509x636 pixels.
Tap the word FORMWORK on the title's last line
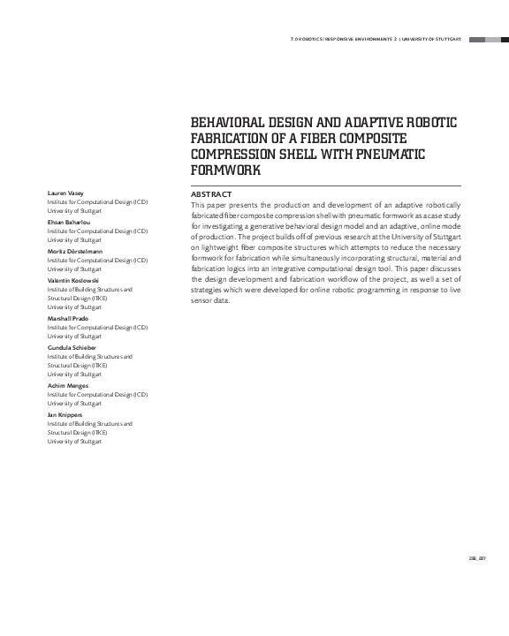coord(226,170)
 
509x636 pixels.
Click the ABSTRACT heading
coord(211,194)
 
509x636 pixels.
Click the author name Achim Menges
coord(66,386)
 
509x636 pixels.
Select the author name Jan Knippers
coord(65,414)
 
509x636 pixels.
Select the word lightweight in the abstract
coord(218,250)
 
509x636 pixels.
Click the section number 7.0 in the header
coord(294,39)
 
